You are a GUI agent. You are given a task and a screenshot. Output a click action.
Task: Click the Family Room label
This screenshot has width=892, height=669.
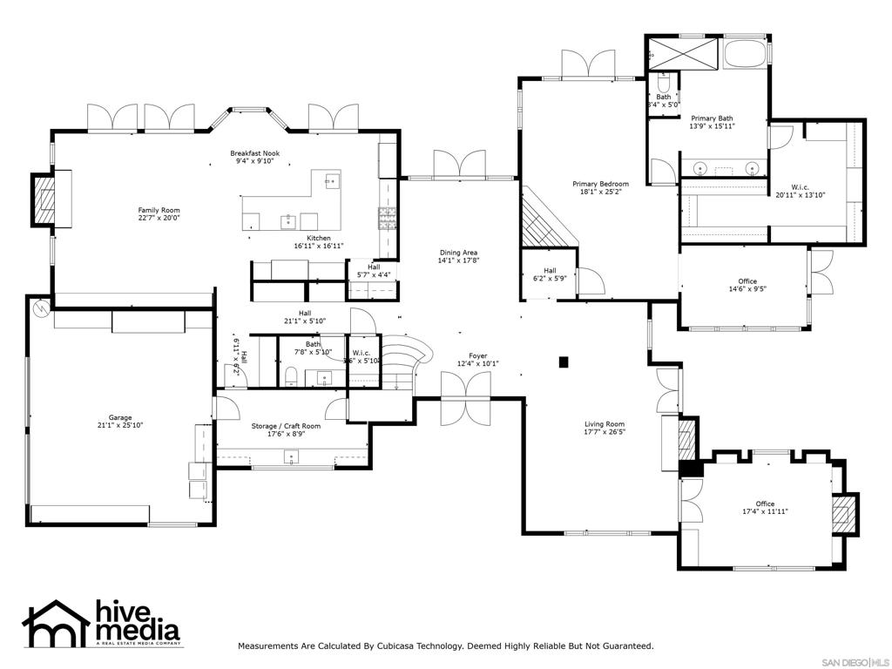(159, 210)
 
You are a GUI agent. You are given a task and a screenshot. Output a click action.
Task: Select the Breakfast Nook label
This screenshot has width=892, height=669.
(254, 153)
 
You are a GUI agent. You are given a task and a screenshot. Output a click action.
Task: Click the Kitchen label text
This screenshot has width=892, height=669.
(318, 238)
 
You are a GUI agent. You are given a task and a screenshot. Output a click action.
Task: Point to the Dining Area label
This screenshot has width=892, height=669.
(457, 253)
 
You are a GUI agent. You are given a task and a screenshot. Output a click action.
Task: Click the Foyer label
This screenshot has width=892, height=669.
(477, 355)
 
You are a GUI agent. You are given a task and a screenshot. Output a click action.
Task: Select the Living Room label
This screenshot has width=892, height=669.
(605, 424)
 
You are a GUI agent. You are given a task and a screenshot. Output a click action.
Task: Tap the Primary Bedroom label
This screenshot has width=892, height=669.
(600, 184)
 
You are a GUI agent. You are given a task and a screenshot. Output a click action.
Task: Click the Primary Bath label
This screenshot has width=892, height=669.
(712, 118)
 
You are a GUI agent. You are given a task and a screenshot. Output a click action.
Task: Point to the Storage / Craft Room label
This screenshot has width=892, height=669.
(286, 426)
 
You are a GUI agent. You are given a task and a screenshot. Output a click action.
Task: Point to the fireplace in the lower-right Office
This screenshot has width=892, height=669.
(842, 514)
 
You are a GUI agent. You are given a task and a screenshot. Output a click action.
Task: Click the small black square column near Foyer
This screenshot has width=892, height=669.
(564, 361)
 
